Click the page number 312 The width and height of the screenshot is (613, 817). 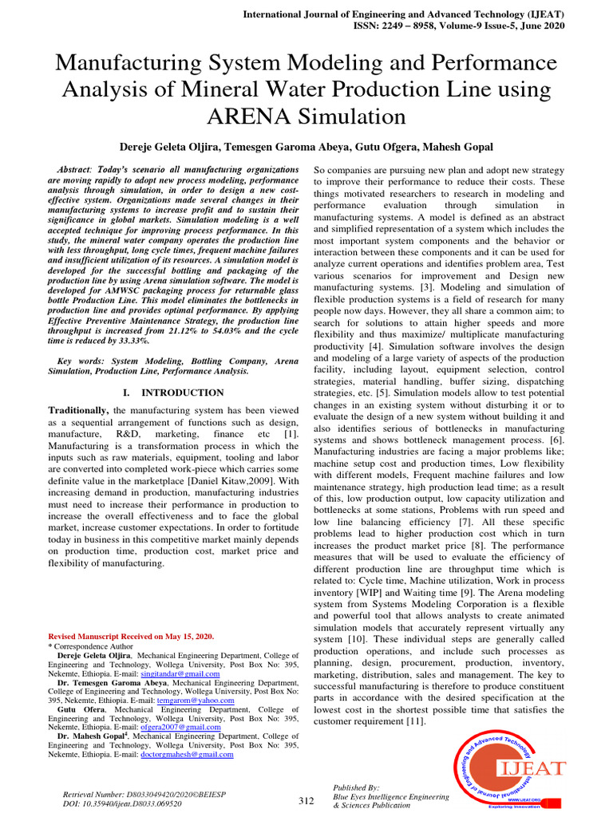pyautogui.click(x=306, y=801)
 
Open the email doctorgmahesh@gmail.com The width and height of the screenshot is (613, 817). pyautogui.click(x=187, y=754)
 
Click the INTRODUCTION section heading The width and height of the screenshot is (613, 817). pyautogui.click(x=182, y=393)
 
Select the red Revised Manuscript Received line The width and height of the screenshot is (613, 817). pyautogui.click(x=132, y=636)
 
